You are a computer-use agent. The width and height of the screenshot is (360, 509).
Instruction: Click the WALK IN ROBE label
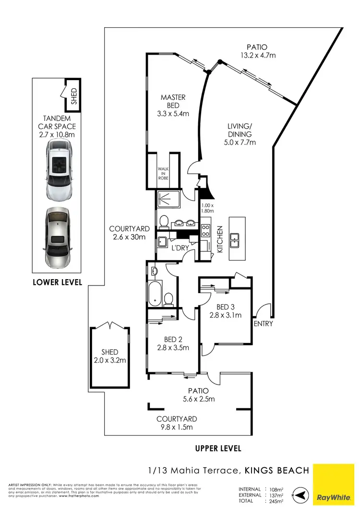coord(164,173)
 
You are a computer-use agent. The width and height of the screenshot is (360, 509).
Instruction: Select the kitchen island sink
coord(235,238)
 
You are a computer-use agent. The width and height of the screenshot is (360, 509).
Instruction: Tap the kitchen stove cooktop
coord(205,230)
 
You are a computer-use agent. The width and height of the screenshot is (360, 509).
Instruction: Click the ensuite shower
coord(168,198)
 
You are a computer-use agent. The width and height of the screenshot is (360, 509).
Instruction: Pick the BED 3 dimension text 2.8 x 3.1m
coord(225,315)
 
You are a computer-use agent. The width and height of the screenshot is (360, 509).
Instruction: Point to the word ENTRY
coord(264,324)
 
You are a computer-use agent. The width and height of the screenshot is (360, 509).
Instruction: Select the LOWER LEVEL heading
coord(58,282)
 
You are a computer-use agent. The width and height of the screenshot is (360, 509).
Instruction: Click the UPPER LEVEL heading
coord(218,449)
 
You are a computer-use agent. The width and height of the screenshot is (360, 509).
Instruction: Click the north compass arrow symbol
coord(300,495)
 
